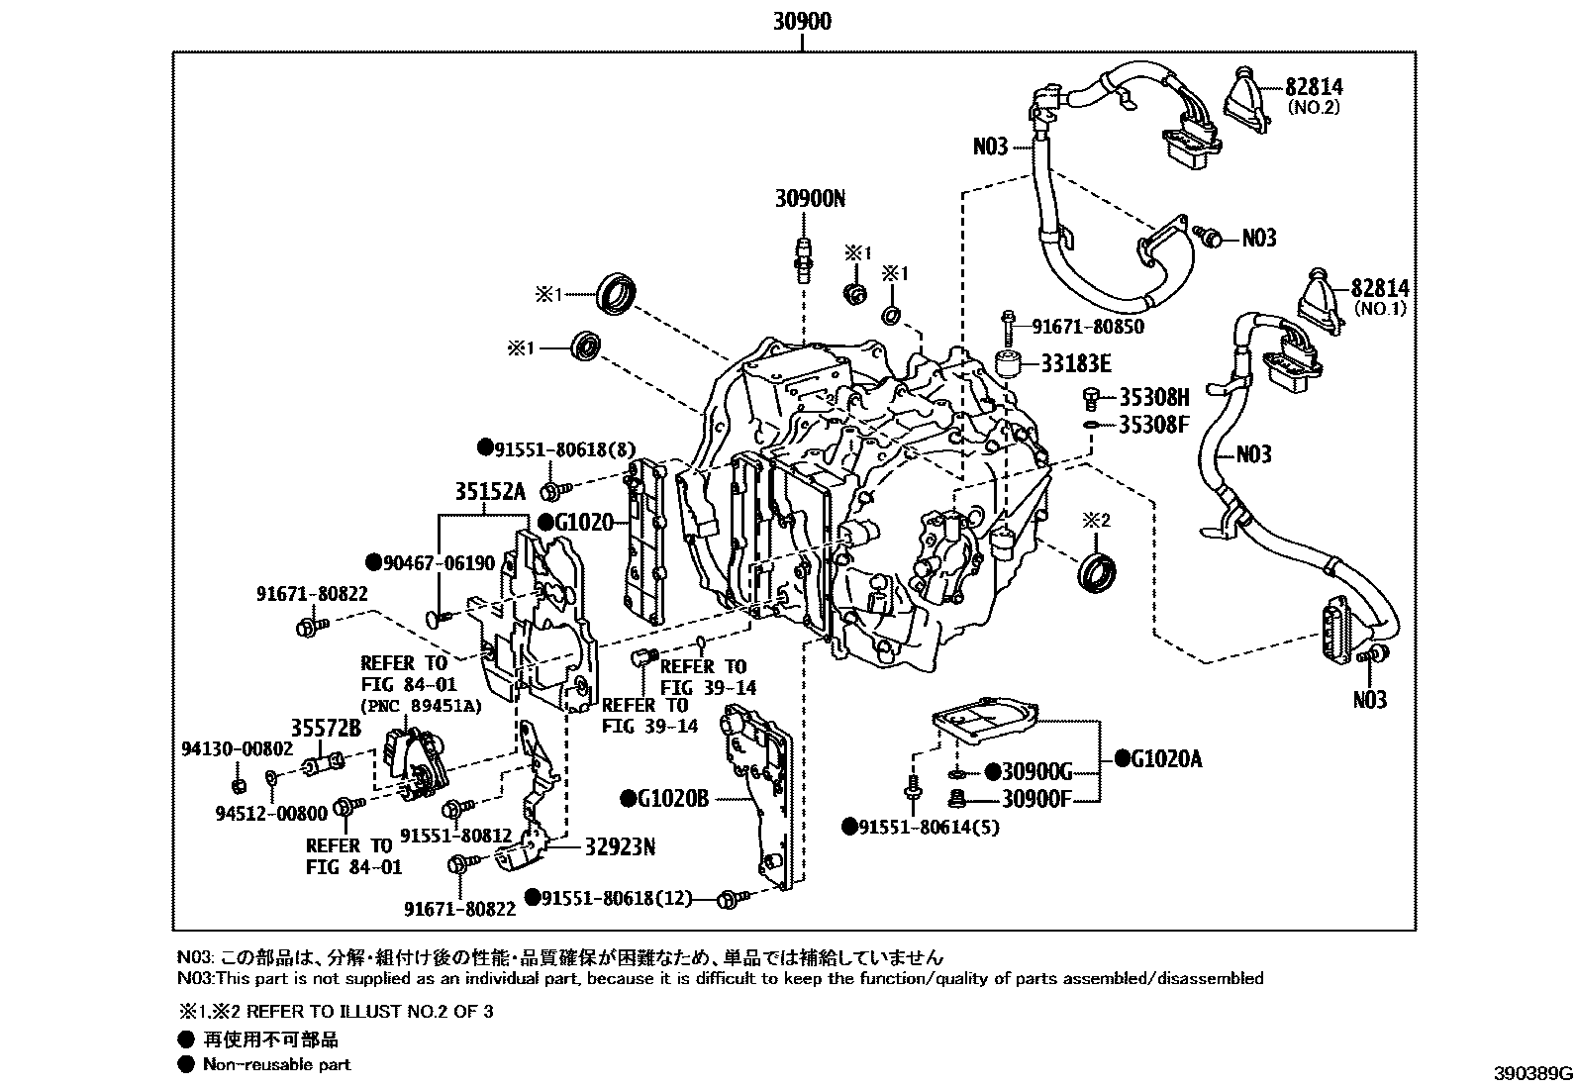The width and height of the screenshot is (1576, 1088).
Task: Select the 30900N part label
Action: (810, 199)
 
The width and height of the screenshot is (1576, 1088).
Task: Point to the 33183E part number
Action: (1075, 364)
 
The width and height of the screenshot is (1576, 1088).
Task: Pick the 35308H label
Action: (1153, 398)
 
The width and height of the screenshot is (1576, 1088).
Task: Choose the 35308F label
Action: (1153, 425)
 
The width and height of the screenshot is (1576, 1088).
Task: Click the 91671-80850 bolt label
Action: (1087, 326)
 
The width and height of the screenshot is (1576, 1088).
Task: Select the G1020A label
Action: (1158, 759)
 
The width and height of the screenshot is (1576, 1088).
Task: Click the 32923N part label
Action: (620, 847)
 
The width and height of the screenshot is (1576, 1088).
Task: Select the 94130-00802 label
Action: (237, 749)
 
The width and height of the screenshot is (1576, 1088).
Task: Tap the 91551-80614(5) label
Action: (922, 826)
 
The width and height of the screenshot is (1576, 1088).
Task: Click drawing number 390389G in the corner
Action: (1532, 1073)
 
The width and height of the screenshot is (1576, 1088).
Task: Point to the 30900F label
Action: (1036, 798)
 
